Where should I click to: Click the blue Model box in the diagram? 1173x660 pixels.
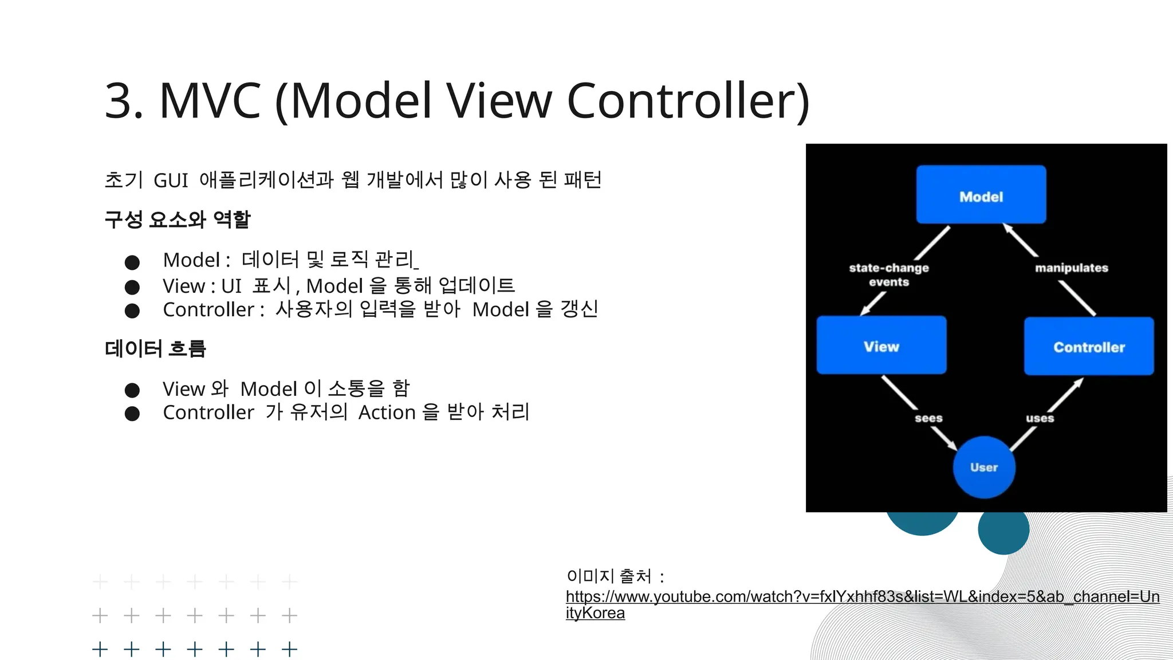point(981,195)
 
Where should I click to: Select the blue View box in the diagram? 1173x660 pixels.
point(881,345)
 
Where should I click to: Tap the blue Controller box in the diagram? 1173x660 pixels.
point(1088,347)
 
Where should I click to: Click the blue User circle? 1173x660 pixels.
point(983,467)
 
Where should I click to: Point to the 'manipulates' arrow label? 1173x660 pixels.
point(1071,268)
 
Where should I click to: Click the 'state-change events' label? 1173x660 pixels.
point(888,274)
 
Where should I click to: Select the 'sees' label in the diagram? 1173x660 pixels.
point(928,418)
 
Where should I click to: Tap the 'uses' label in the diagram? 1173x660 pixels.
point(1040,418)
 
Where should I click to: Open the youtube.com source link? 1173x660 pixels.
point(862,597)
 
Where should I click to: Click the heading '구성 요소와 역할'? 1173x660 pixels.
point(178,219)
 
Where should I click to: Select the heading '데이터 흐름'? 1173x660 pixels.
point(155,348)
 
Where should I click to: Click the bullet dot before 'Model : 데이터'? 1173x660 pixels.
point(132,262)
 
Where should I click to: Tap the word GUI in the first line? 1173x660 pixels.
point(171,180)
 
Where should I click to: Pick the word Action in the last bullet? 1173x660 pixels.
point(387,412)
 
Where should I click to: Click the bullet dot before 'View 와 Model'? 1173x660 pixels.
point(132,390)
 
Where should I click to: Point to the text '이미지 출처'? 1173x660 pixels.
point(609,576)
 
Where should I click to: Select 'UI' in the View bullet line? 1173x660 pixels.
point(231,286)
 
